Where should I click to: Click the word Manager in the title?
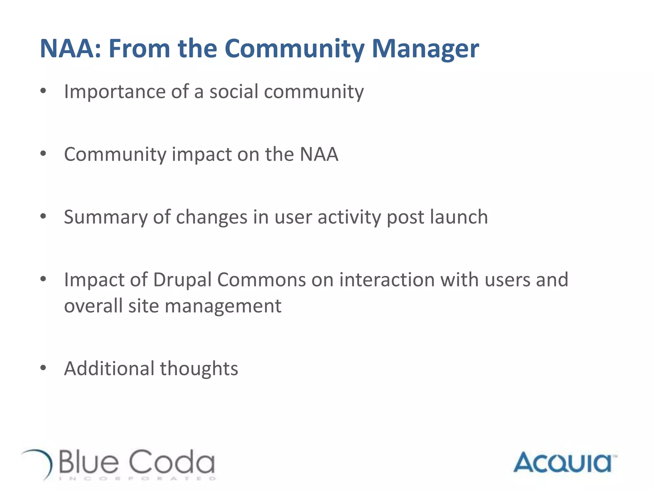pos(425,49)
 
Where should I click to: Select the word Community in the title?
pos(294,49)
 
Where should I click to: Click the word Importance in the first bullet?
pos(115,92)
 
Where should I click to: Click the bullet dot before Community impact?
pos(43,154)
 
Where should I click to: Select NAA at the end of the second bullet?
pos(319,154)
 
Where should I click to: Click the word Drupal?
pos(182,280)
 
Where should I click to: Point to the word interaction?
pos(387,280)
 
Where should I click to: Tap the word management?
pos(223,306)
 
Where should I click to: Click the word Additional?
pos(109,368)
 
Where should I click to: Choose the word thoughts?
pos(199,368)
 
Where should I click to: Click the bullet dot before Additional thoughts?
pos(43,368)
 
